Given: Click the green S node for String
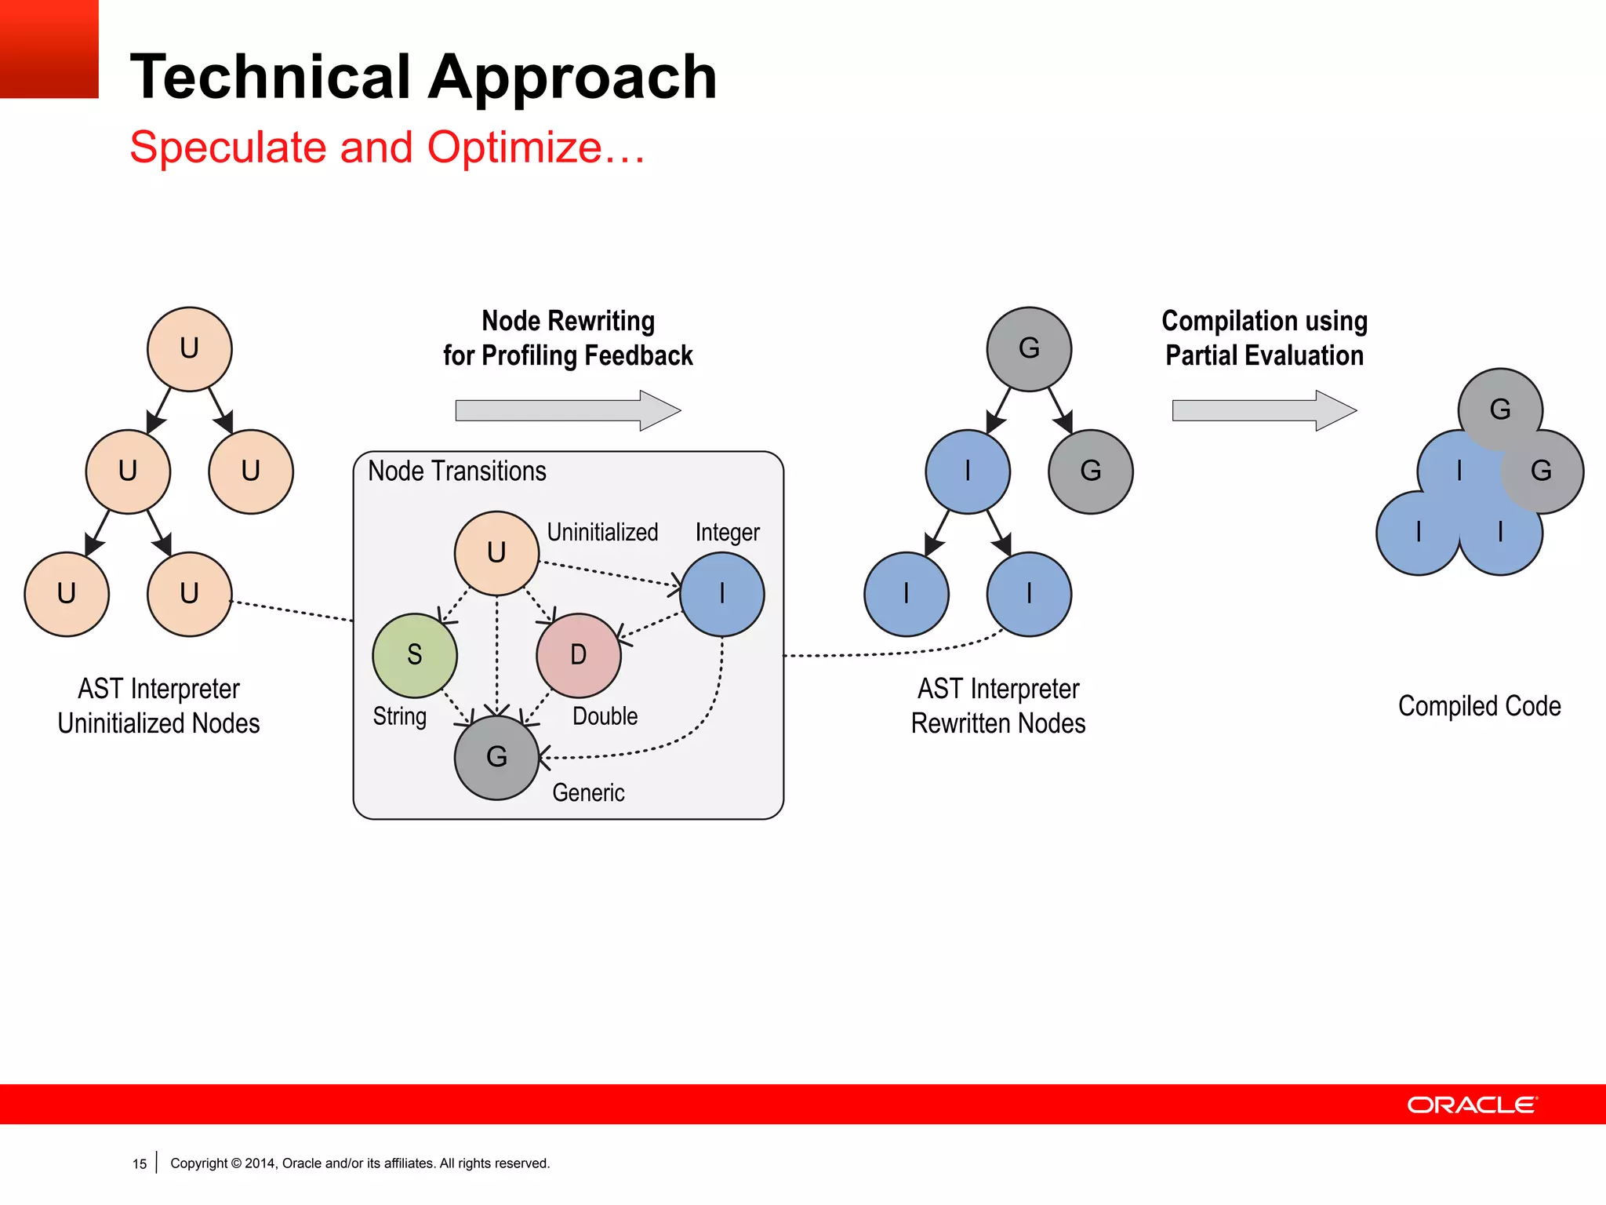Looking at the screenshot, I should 415,656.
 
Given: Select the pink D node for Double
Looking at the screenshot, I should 579,656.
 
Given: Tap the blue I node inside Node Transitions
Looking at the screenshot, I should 721,594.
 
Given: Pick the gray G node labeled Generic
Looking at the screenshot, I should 496,757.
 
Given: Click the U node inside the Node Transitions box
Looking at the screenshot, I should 496,553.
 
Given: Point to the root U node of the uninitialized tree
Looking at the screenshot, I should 190,348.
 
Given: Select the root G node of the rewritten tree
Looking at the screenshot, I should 1029,348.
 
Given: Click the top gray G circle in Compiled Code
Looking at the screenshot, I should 1500,408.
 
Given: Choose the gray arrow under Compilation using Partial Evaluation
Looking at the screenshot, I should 1263,410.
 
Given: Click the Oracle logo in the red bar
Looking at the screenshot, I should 1472,1105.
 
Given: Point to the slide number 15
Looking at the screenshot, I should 140,1164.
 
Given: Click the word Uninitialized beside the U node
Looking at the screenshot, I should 602,533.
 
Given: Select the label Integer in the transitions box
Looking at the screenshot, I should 727,533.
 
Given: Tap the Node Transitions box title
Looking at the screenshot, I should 457,471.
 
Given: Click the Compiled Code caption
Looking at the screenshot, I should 1479,706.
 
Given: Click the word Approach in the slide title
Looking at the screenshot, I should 572,77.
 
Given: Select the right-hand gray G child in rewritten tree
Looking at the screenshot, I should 1090,471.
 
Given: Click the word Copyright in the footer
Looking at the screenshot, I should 199,1163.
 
